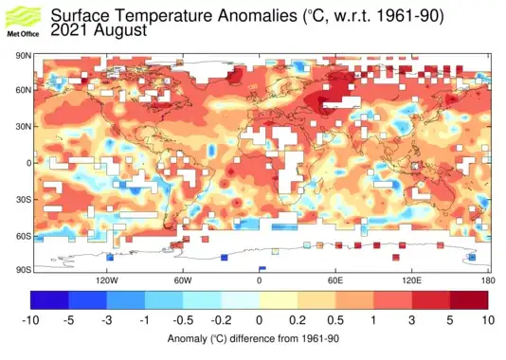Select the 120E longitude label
(x=412, y=281)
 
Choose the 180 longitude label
(x=487, y=281)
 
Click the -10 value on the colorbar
(x=30, y=321)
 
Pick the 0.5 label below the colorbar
(x=335, y=321)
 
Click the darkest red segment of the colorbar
(x=470, y=300)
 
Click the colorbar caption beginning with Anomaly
(x=253, y=338)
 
